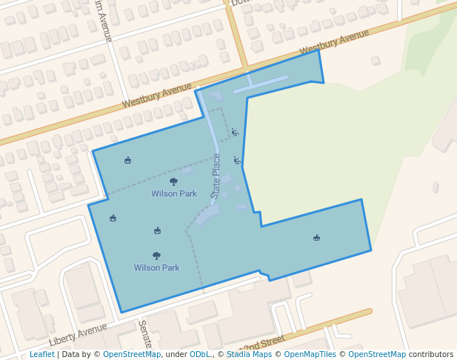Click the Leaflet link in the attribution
[x=41, y=354]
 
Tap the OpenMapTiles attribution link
[x=310, y=354]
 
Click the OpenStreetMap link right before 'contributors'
[x=377, y=354]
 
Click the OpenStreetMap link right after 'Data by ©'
[x=132, y=354]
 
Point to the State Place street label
[x=216, y=174]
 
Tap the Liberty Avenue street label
[x=78, y=334]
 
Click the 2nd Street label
[x=263, y=343]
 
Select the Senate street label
[x=145, y=334]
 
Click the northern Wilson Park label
[x=174, y=194]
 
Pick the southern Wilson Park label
[x=156, y=268]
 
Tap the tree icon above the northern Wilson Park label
[x=173, y=181]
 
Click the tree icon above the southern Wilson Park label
[x=156, y=256]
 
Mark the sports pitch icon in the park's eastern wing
[x=316, y=238]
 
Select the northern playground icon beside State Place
[x=235, y=132]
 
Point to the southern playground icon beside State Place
[x=237, y=160]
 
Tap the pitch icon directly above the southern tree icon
[x=157, y=231]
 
